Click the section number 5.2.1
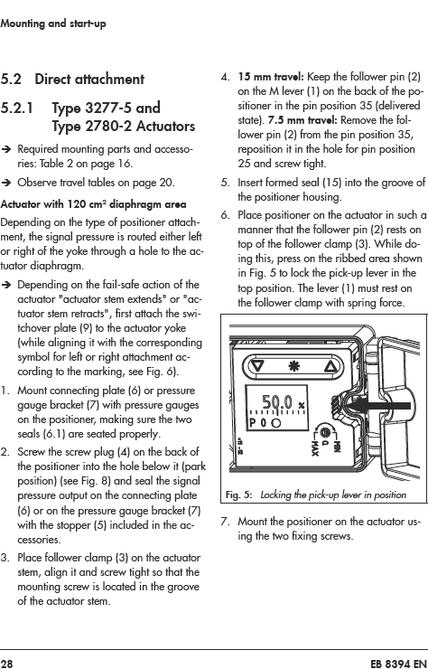point(16,108)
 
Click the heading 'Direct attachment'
point(89,80)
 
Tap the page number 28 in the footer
point(6,664)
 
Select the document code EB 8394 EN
point(398,664)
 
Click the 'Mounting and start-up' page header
point(53,24)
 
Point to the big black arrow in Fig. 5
point(377,406)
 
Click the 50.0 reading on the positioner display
point(277,402)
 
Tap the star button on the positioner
point(294,366)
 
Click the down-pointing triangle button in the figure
point(258,366)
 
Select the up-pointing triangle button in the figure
point(330,366)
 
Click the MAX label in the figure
point(314,448)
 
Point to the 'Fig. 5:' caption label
point(238,495)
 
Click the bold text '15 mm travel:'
point(271,77)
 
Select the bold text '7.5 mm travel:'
point(302,120)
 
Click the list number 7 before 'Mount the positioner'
point(225,522)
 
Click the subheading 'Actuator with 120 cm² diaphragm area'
point(93,204)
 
